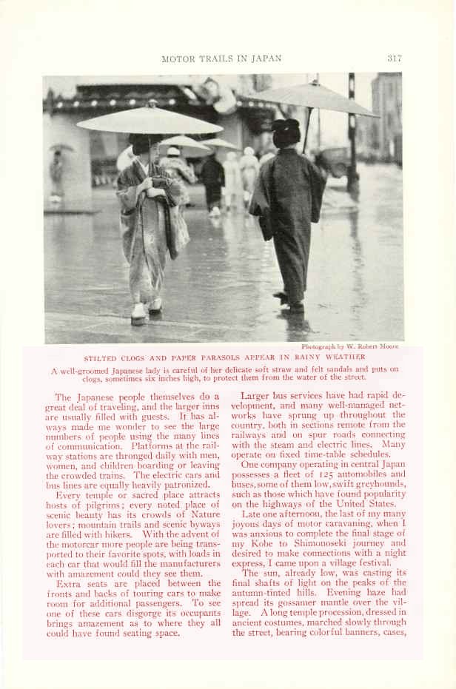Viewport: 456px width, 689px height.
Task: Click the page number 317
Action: tap(394, 58)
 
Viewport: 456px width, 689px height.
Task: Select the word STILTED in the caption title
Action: tap(104, 357)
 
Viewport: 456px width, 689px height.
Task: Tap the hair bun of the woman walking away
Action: tap(286, 127)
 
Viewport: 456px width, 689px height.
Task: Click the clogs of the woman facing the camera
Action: tap(146, 315)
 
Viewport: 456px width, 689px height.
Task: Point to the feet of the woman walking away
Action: tap(289, 302)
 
